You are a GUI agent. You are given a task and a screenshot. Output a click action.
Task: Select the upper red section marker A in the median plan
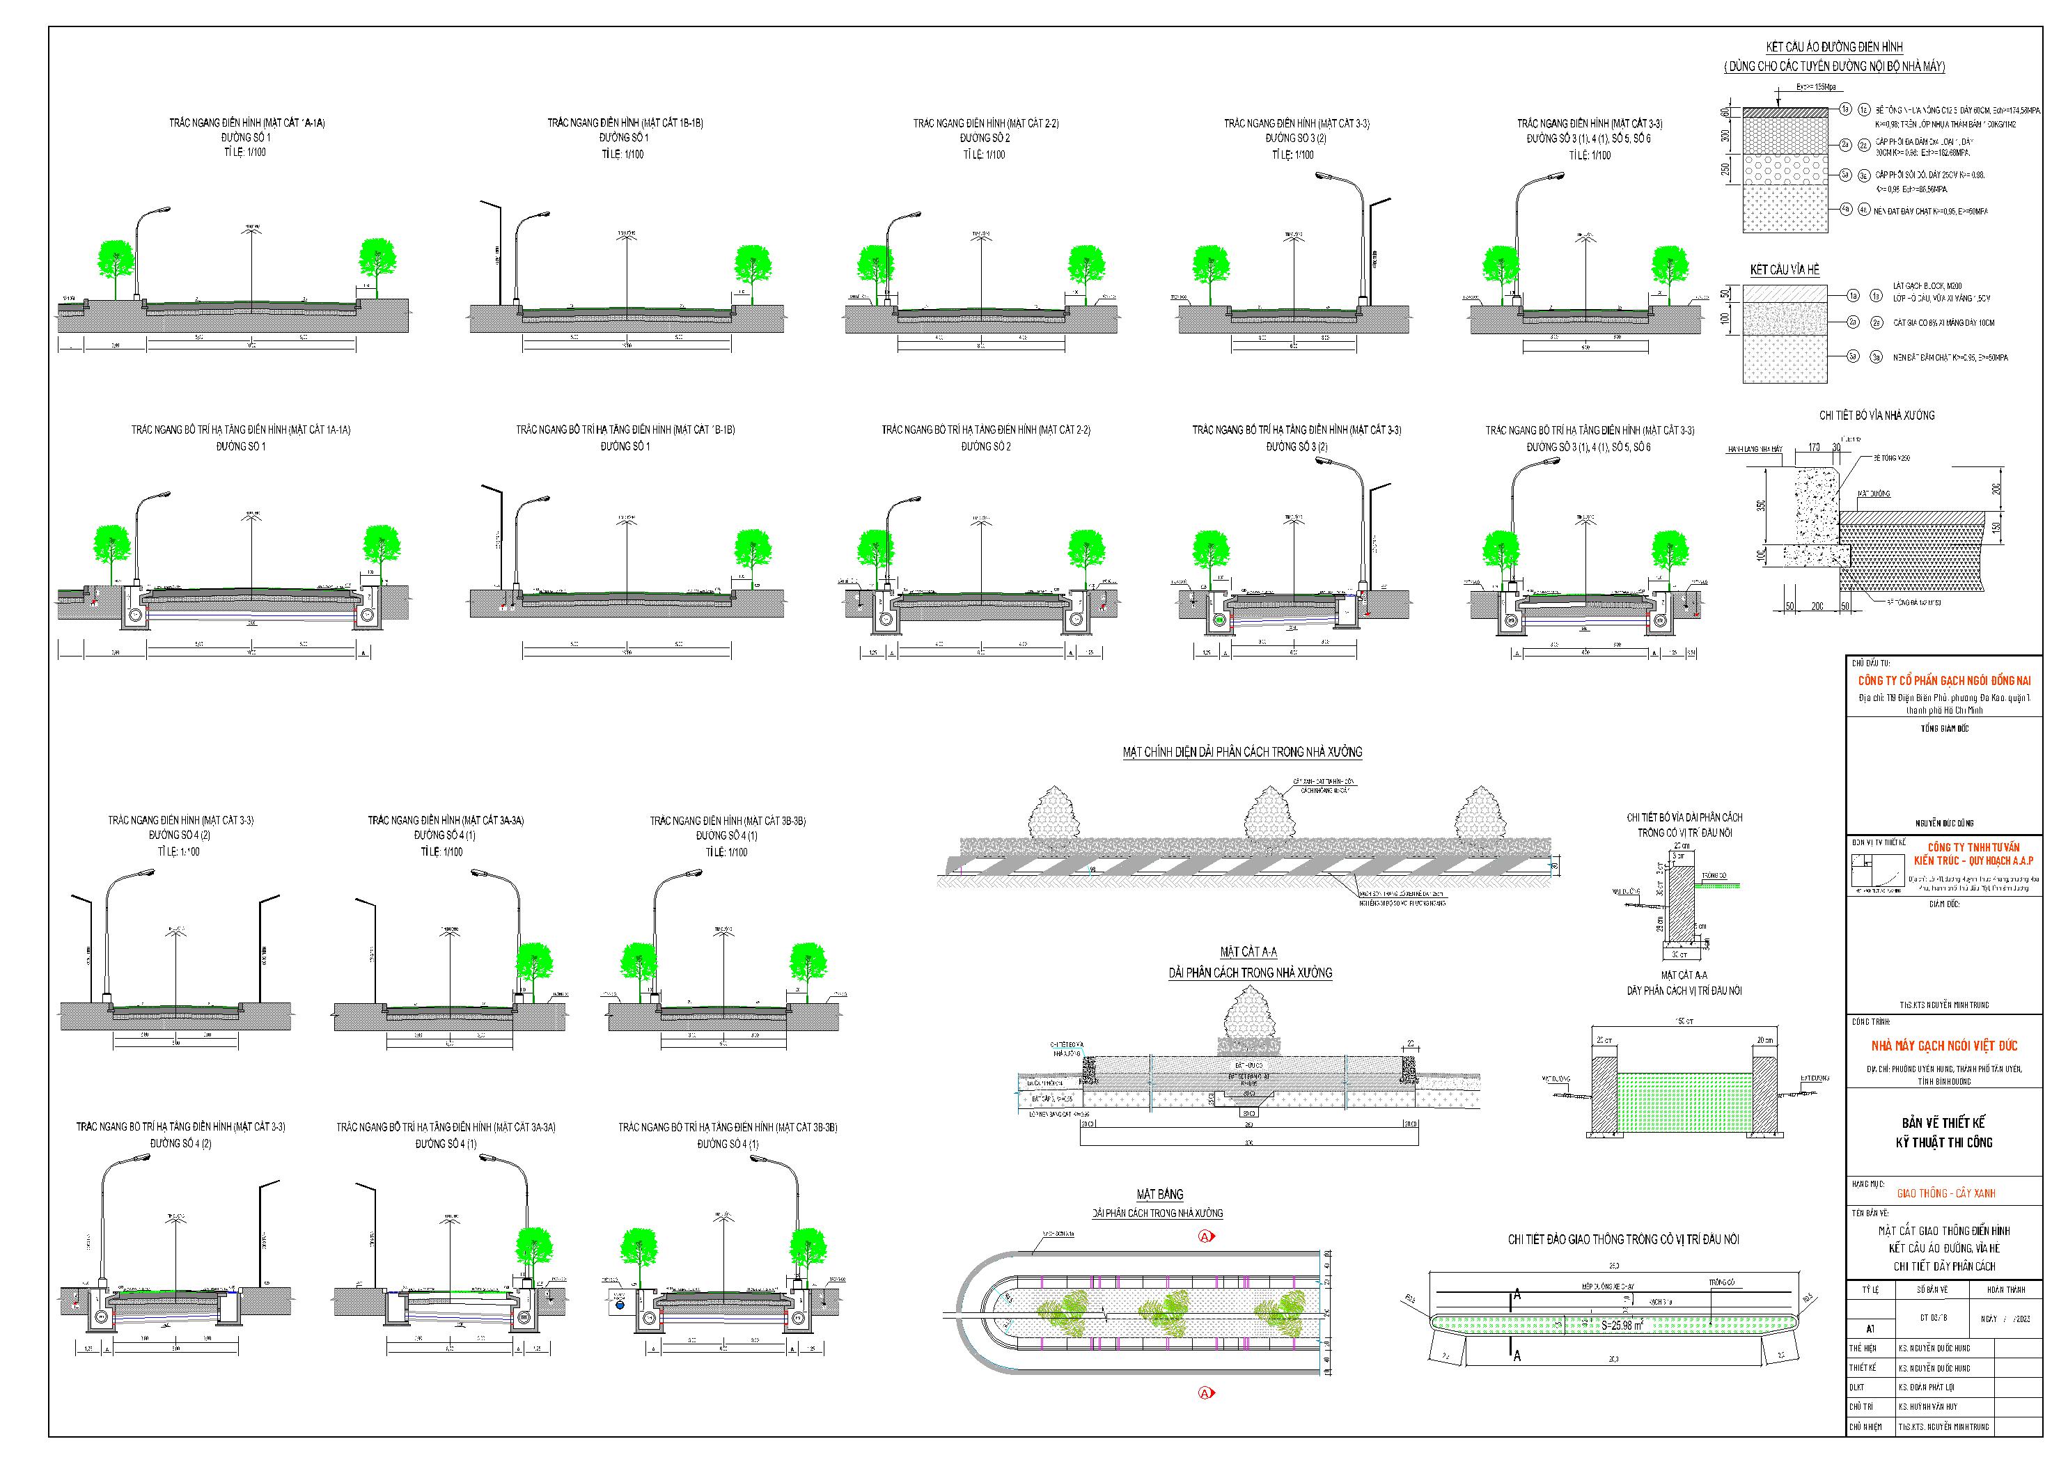point(1206,1237)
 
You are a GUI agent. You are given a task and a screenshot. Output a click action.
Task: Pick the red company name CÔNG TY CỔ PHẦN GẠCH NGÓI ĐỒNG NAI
point(1941,681)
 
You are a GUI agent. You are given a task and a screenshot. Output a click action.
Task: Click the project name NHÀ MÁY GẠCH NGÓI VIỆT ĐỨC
point(1943,1046)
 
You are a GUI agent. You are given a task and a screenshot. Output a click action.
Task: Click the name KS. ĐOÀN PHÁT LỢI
point(1929,1388)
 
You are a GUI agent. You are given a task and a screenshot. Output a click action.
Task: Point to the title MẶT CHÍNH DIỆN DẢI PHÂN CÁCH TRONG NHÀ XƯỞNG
point(1241,752)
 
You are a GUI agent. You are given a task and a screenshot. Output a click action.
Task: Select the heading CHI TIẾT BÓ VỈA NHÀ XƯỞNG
point(1876,415)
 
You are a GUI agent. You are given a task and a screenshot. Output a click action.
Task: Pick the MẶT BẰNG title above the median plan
point(1159,1195)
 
